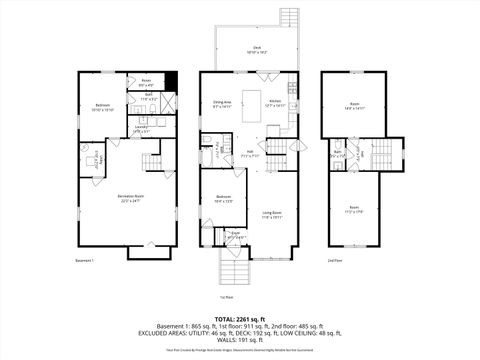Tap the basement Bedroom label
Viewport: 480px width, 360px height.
(103, 106)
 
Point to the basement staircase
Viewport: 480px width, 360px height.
(153, 163)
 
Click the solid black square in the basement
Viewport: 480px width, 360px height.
(172, 82)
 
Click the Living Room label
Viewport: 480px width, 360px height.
(272, 214)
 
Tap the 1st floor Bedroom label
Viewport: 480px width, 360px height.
(223, 199)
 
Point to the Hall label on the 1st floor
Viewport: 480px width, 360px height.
(250, 154)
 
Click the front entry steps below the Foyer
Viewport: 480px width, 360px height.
(232, 271)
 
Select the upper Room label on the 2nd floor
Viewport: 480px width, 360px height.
(355, 105)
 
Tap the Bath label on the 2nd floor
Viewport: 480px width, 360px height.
(339, 153)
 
